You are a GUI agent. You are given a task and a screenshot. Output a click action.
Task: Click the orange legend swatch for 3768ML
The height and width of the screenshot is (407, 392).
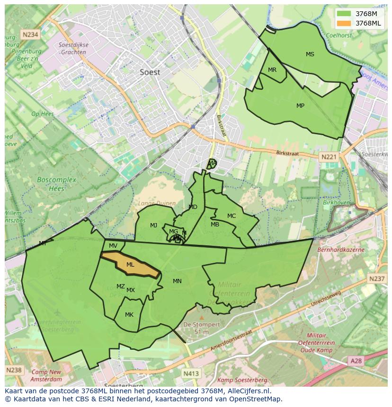point(344,23)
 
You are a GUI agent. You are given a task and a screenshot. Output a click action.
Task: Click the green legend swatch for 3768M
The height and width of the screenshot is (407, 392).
point(344,14)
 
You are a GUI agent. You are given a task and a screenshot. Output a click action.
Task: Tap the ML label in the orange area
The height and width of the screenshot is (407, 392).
point(130,265)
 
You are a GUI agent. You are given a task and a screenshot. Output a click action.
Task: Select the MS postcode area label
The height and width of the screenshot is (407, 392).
point(310,54)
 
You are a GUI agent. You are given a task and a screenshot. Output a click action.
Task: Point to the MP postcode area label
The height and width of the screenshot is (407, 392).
point(300,106)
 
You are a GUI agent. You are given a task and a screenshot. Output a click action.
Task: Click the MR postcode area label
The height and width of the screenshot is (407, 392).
point(272,70)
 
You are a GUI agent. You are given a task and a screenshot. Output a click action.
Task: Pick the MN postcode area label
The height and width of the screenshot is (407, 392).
point(177,281)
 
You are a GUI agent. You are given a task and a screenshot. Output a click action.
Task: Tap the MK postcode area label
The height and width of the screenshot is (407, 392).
point(129,315)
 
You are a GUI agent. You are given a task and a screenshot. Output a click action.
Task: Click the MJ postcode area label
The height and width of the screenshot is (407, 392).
point(153,225)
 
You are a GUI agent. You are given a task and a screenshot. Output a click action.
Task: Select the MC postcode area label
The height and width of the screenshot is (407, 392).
point(231,216)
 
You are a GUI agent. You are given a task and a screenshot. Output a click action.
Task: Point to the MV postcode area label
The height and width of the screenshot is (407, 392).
point(113,246)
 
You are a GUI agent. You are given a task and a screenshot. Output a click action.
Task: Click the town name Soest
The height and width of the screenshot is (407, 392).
point(150,72)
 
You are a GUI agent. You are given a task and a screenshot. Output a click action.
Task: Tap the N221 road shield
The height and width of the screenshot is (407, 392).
point(328,157)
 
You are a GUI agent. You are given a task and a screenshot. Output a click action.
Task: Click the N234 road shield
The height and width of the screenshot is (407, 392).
point(30,35)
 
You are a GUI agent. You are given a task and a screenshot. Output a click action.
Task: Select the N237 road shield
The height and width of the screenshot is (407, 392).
point(377,279)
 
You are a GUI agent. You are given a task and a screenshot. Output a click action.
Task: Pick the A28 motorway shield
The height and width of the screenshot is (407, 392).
point(356,361)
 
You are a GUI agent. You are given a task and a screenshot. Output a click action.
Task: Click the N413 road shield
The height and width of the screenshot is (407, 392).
point(191,373)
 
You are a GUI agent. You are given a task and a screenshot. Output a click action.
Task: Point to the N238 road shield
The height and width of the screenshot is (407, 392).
point(14,370)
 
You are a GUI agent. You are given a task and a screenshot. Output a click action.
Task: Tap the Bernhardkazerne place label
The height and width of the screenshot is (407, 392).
point(341,249)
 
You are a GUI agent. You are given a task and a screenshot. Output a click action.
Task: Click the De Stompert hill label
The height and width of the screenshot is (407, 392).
point(202,325)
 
